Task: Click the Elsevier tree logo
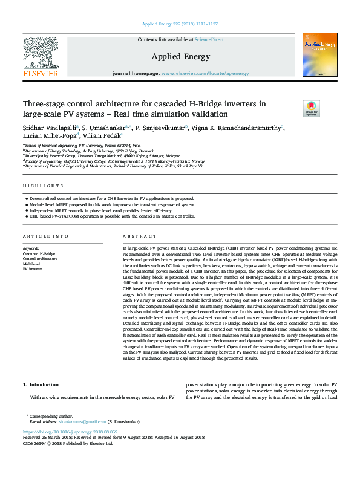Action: pyautogui.click(x=41, y=58)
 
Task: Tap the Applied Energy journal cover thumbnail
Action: pyautogui.click(x=319, y=56)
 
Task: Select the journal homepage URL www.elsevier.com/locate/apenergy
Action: pyautogui.click(x=205, y=73)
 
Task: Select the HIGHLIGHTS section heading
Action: pyautogui.click(x=38, y=186)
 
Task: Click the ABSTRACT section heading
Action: pyautogui.click(x=136, y=236)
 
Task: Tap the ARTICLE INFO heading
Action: pyautogui.click(x=41, y=236)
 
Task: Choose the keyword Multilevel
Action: pyautogui.click(x=32, y=264)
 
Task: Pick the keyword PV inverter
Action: pyautogui.click(x=33, y=268)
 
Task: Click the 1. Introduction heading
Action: pyautogui.click(x=41, y=384)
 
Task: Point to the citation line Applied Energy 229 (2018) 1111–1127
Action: pyautogui.click(x=180, y=24)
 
